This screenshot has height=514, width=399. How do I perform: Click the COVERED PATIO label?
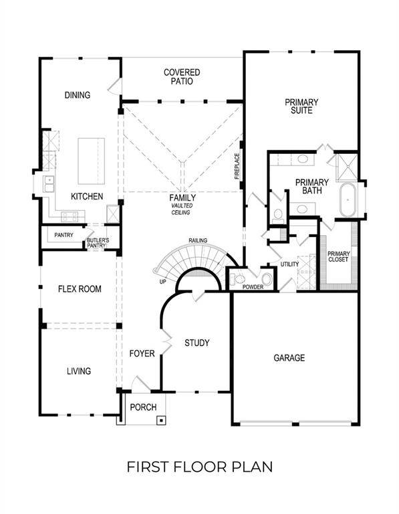[x=182, y=76]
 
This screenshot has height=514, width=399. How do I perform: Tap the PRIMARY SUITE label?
[x=301, y=106]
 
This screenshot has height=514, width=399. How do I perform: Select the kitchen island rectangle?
[x=92, y=161]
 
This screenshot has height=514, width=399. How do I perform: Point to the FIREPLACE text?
[x=237, y=167]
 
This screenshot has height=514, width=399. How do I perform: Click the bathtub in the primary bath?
[x=348, y=199]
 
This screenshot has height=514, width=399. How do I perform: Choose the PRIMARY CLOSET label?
[x=338, y=256]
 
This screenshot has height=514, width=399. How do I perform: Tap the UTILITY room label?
[x=289, y=264]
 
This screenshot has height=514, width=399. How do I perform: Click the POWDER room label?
[x=253, y=287]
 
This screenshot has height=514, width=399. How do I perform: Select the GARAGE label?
[x=289, y=358]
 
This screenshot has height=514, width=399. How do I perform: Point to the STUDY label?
[x=197, y=343]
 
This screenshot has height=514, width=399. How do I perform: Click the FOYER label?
[x=142, y=353]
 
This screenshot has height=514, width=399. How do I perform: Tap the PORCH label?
[x=142, y=407]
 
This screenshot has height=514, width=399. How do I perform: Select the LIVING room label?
[x=79, y=371]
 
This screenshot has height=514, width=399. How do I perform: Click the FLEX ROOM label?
[x=80, y=289]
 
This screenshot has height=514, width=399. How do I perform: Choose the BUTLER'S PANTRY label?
[x=98, y=243]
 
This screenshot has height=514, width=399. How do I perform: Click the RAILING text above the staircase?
[x=197, y=240]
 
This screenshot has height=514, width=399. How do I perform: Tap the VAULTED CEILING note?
[x=181, y=209]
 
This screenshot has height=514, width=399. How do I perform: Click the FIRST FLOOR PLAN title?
[x=199, y=466]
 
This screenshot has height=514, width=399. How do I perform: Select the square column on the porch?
[x=161, y=420]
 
